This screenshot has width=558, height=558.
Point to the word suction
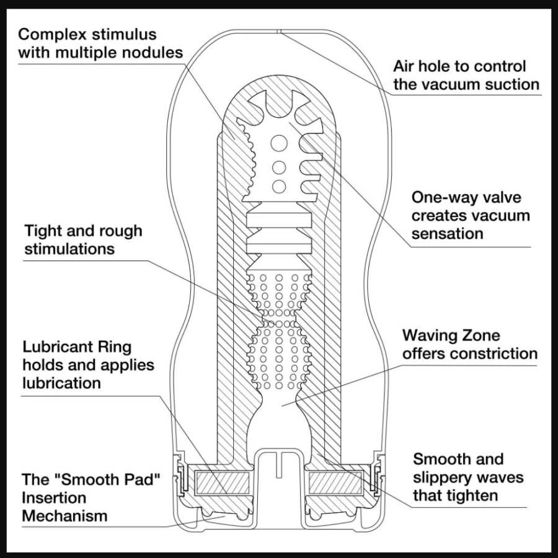507,84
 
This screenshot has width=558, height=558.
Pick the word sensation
447,234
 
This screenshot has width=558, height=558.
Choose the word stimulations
69,249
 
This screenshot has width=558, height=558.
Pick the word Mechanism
64,515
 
